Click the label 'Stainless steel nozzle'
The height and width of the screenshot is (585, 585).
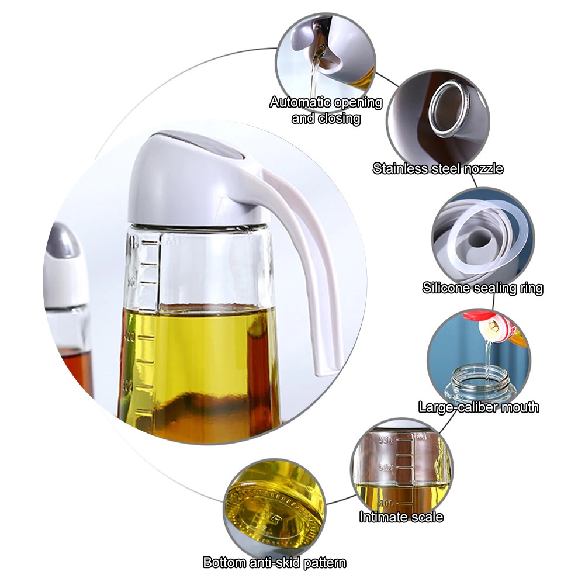438,169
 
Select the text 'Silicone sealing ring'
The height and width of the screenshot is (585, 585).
482,288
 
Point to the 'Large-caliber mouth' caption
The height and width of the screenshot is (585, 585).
479,407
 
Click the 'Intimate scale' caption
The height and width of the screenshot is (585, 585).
401,517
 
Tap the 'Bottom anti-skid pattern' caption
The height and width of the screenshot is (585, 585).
274,563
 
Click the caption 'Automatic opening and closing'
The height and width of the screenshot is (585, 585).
326,110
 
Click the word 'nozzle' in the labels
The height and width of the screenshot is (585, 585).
483,169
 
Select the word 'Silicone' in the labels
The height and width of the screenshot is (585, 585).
447,288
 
